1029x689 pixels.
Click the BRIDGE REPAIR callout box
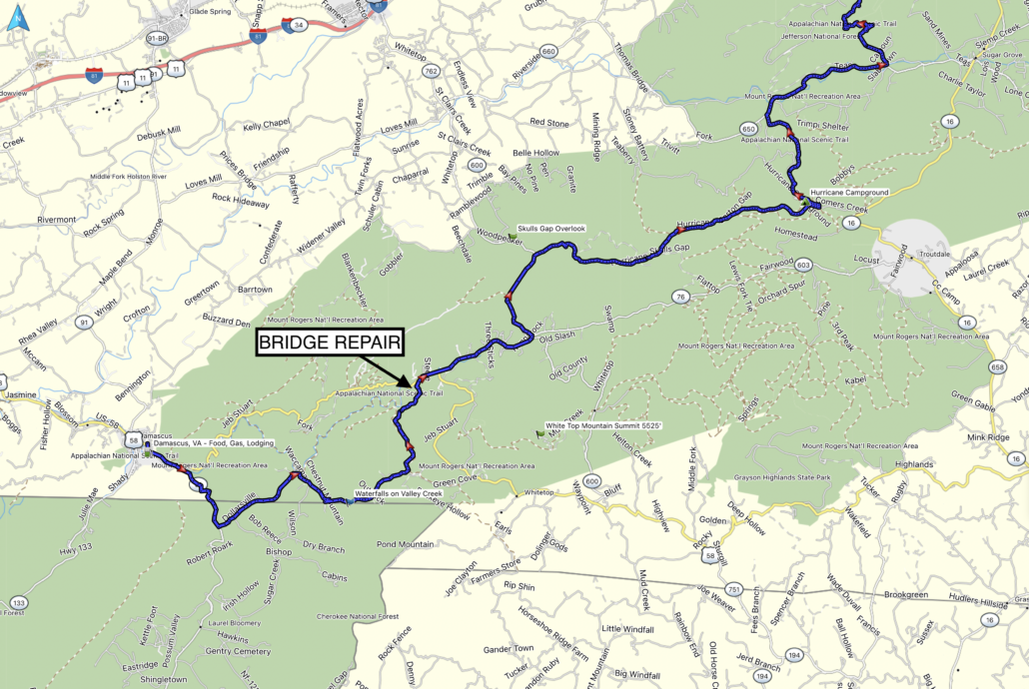click(x=330, y=344)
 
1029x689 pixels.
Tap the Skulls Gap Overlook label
click(x=550, y=229)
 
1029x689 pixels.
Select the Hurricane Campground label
click(x=849, y=192)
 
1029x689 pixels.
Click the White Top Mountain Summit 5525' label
click(x=612, y=426)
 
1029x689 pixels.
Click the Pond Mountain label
click(x=405, y=544)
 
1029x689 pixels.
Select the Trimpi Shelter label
click(x=821, y=127)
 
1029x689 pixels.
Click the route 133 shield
click(x=18, y=603)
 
